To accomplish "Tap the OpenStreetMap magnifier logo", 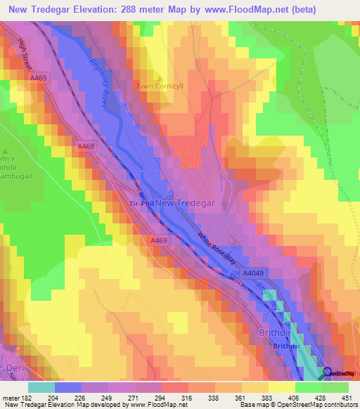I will coord(328,372).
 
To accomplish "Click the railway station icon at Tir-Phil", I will coord(141,195).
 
